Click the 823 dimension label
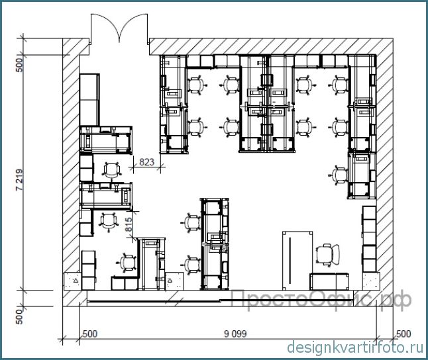tap(147, 162)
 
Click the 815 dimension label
tap(129, 224)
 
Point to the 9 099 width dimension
tap(235, 334)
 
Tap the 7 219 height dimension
tap(20, 180)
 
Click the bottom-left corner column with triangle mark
tap(73, 281)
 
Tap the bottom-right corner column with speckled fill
tap(371, 281)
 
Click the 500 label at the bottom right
tap(403, 334)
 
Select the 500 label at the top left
tap(20, 65)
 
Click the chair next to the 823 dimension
tap(111, 170)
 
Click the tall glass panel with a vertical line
tap(297, 261)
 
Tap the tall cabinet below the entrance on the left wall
tap(89, 99)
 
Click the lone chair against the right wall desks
tap(339, 175)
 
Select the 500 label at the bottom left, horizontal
tap(90, 334)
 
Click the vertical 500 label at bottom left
tap(20, 317)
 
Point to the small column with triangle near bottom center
tap(174, 281)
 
